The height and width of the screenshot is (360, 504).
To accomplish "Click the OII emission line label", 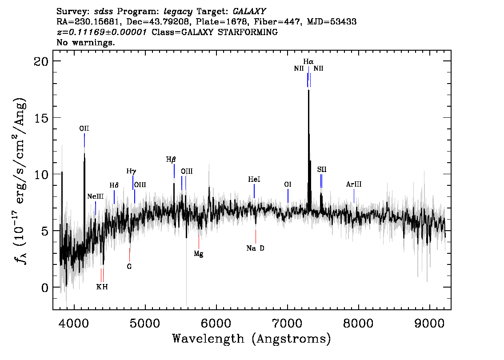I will pos(84,129).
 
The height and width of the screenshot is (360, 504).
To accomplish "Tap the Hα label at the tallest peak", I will pos(308,61).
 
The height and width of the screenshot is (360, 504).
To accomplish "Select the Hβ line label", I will pos(171,159).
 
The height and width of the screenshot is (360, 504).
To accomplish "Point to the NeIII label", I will pos(95,196).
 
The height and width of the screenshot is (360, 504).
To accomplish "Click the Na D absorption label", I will pos(255,248).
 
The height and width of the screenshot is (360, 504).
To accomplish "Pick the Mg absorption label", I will pos(199,254).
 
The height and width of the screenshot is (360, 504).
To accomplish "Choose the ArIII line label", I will pos(354,184).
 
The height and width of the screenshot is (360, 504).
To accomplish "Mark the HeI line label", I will pos(254,180).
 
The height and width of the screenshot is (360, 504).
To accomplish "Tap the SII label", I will pos(322,170).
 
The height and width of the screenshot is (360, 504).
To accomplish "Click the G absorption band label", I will pos(129,267).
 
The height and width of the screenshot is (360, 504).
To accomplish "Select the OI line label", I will pos(288,184).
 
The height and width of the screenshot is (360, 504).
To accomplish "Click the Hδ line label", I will pos(114,185).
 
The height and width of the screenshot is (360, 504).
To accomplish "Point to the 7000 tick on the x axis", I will pos(288,321).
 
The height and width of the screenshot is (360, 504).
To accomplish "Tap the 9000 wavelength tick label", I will pos(430,321).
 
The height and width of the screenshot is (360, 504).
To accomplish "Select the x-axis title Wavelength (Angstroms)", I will pos(252,339).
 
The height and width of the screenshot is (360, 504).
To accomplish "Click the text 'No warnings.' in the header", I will pos(86,43).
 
